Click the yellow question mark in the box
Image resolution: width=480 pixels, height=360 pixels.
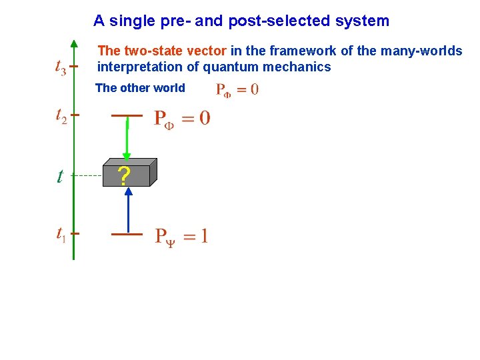tap(123, 175)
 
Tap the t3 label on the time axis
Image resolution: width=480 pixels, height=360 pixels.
tap(59, 67)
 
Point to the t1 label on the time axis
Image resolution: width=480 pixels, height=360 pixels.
tap(60, 234)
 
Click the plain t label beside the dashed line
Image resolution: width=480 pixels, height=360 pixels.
tap(59, 176)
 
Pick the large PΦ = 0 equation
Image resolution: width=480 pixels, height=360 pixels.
tap(182, 119)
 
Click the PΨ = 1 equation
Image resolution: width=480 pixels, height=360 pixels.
tap(181, 236)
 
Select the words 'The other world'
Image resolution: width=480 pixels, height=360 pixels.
tap(140, 88)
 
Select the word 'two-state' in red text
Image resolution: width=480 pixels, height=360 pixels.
tap(147, 51)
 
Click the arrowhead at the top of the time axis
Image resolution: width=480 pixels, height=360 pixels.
tap(74, 44)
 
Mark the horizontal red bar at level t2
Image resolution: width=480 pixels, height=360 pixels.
tap(127, 115)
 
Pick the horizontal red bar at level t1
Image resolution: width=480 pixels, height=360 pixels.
tap(127, 234)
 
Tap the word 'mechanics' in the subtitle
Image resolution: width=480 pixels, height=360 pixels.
tap(302, 67)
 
